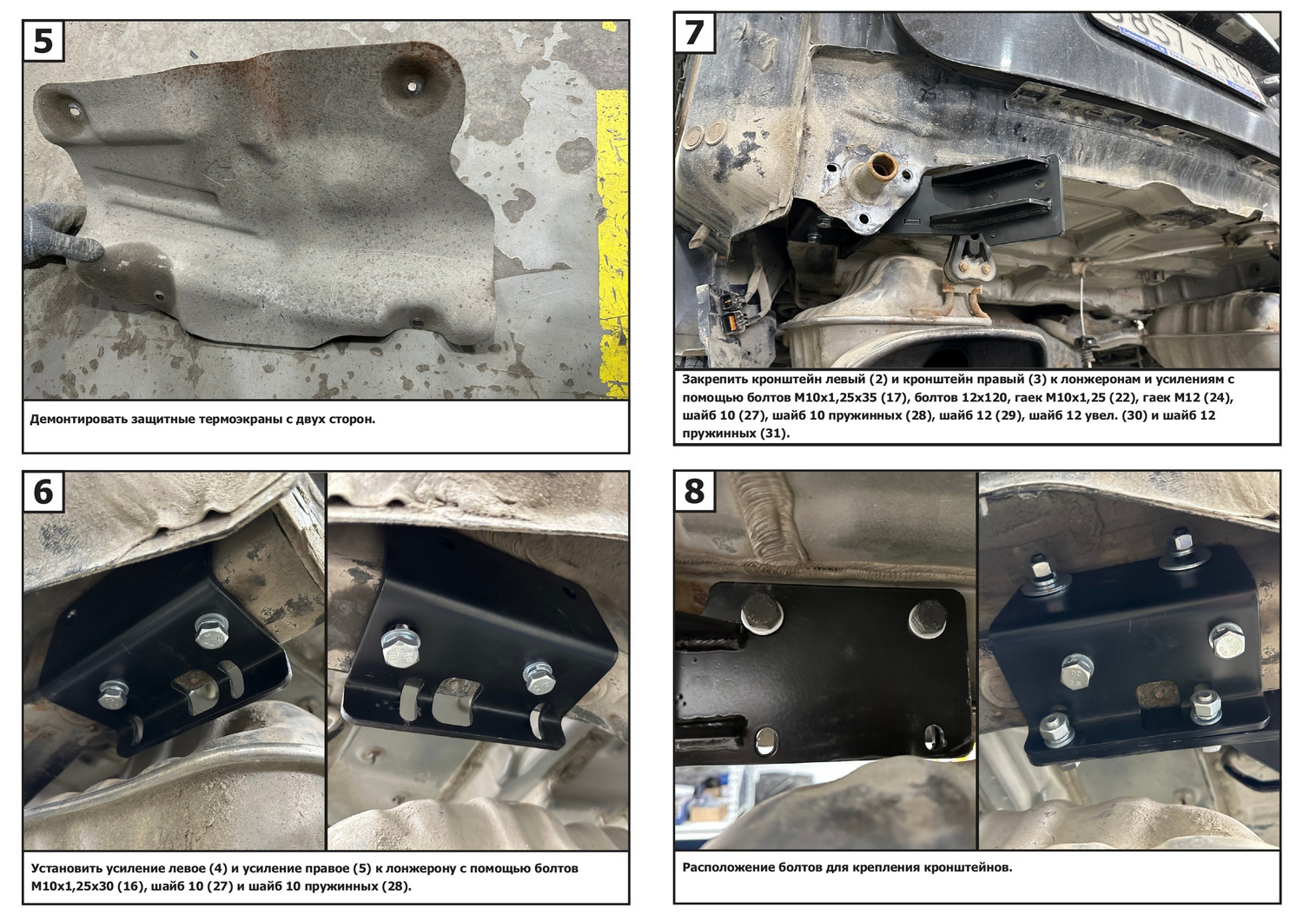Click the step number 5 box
point(43,41)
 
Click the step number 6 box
point(43,492)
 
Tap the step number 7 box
point(695,32)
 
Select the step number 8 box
point(695,491)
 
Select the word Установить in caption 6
point(66,869)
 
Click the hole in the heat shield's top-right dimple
point(413,86)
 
